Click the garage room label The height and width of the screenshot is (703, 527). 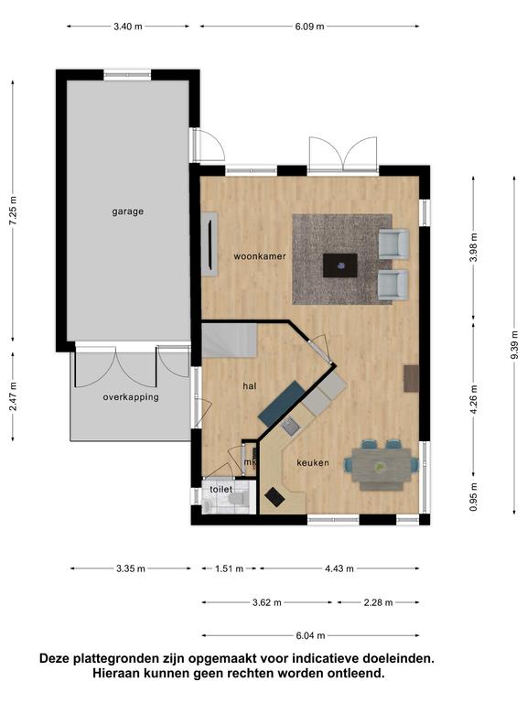coord(128,211)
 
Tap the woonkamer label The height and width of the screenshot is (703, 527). coord(260,256)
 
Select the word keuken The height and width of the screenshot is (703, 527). coord(313,462)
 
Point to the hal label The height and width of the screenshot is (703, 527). coord(250,385)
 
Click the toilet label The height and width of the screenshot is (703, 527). coord(221,489)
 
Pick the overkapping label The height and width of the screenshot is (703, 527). coord(131,397)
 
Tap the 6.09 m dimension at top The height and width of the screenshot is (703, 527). coord(309,26)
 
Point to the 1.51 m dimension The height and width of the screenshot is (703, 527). coord(229,568)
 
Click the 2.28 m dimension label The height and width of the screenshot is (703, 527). coord(378,602)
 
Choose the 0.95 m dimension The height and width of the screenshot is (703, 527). coord(474,496)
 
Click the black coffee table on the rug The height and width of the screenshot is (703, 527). coord(340,265)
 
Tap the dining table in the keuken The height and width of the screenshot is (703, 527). coord(381,465)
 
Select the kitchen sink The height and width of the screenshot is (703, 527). coord(291,426)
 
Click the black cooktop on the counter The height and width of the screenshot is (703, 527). coord(274,497)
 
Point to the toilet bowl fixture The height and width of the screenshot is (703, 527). coord(236,499)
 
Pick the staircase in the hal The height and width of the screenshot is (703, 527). coord(229,341)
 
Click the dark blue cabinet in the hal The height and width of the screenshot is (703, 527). coord(282,404)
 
